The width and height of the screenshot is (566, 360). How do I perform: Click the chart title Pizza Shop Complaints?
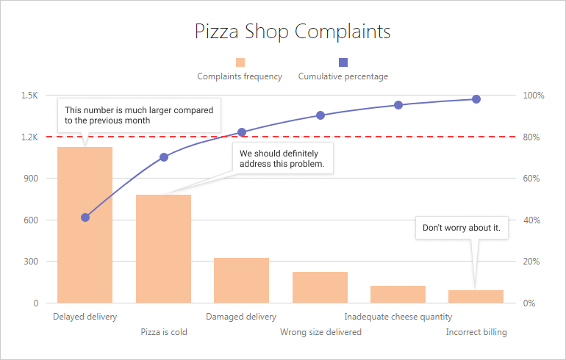pyautogui.click(x=292, y=32)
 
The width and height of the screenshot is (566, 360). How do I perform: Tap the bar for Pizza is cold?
pyautogui.click(x=163, y=248)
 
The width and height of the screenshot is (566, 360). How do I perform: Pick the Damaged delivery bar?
pyautogui.click(x=241, y=280)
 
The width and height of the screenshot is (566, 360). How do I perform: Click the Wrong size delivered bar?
pyautogui.click(x=320, y=287)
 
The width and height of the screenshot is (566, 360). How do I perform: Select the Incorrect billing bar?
pyautogui.click(x=476, y=296)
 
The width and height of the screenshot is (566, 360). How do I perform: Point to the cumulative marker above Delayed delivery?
pyautogui.click(x=85, y=217)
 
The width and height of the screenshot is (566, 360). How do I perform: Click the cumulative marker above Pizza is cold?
pyautogui.click(x=164, y=157)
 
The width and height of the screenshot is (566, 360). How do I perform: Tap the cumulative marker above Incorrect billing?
pyautogui.click(x=476, y=99)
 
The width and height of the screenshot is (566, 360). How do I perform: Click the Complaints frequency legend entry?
pyautogui.click(x=240, y=70)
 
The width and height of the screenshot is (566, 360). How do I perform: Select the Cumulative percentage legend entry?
pyautogui.click(x=343, y=70)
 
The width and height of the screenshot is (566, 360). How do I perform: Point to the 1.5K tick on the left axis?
pyautogui.click(x=29, y=96)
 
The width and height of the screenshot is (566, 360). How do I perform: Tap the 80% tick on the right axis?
pyautogui.click(x=531, y=137)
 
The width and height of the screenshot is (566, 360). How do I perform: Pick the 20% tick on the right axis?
pyautogui.click(x=531, y=262)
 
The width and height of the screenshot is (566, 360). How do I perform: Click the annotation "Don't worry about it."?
pyautogui.click(x=462, y=228)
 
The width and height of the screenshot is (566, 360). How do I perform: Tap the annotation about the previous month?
pyautogui.click(x=139, y=115)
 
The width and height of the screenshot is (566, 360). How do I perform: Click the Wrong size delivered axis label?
pyautogui.click(x=320, y=332)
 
